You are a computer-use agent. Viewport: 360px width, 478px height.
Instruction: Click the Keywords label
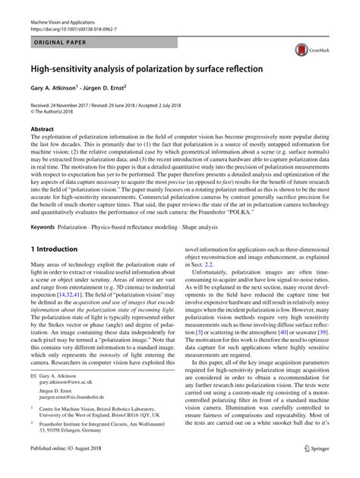pos(46,227)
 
